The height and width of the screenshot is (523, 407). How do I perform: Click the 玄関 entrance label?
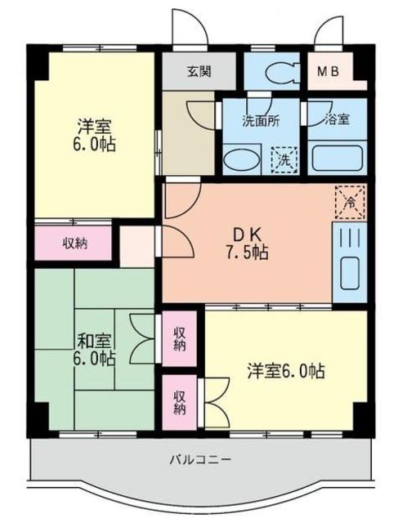[x=199, y=70]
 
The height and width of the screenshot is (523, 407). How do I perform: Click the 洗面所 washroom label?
[x=260, y=119]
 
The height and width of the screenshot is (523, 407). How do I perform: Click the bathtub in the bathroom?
[x=338, y=156]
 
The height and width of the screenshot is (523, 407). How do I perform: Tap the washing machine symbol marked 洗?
[x=283, y=158]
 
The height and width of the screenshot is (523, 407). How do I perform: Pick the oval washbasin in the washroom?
[x=240, y=159]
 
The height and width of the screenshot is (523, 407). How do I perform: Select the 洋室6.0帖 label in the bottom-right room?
[x=286, y=371]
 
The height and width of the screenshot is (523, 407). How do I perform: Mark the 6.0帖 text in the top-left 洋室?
[x=96, y=145]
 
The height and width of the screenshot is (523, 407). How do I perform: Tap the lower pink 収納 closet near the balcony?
[x=179, y=400]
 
